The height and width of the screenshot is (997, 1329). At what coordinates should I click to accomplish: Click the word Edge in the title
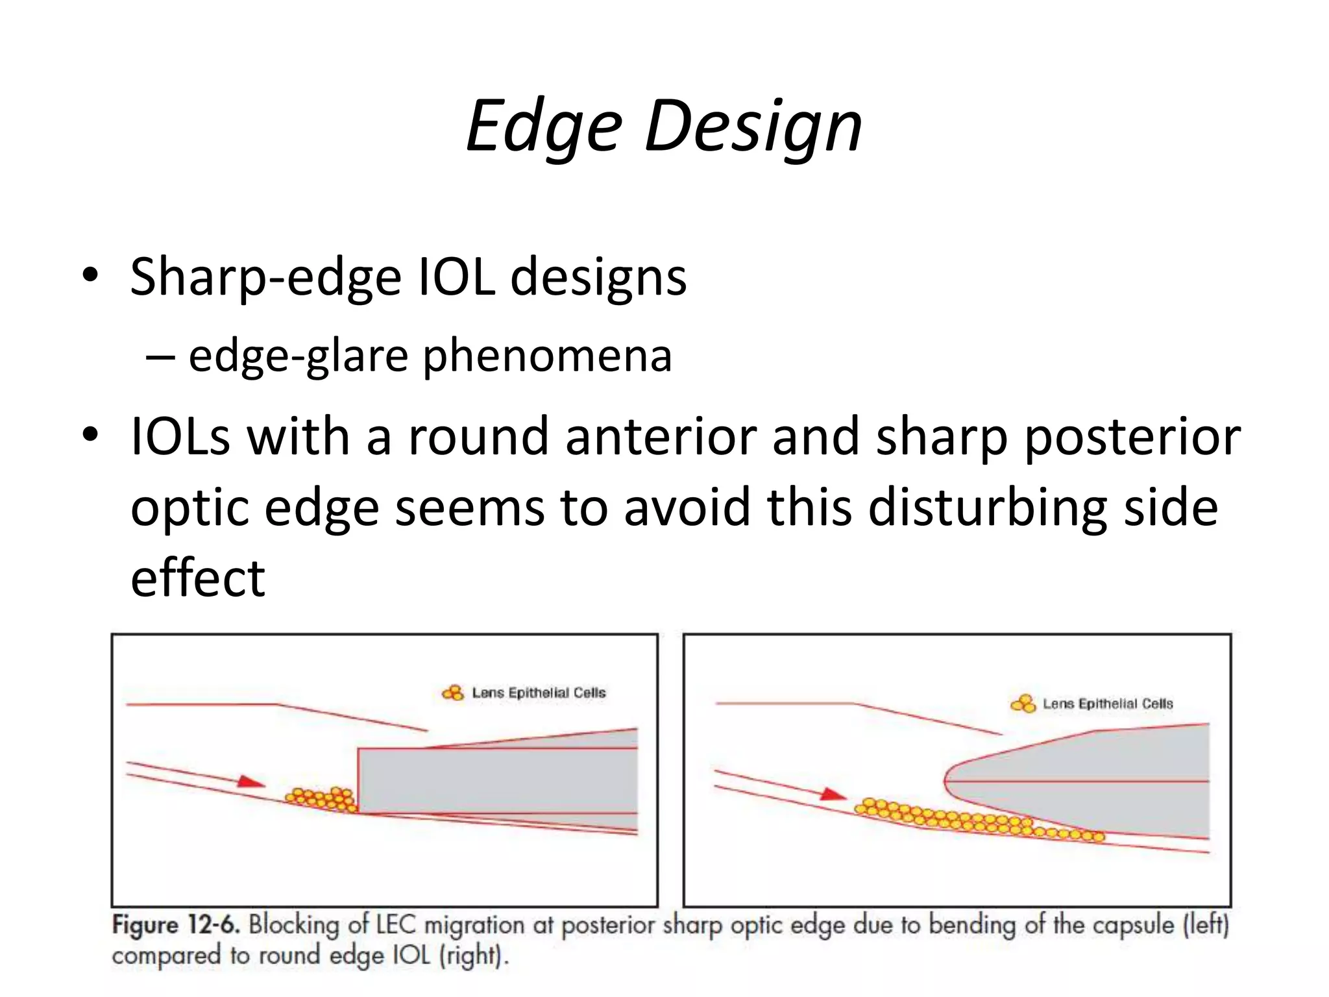pyautogui.click(x=544, y=127)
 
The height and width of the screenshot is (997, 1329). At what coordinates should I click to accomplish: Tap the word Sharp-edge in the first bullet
pyautogui.click(x=265, y=278)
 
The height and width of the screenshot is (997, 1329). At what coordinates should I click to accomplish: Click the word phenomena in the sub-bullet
pyautogui.click(x=547, y=356)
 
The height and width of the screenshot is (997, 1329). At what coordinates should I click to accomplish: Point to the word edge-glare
pyautogui.click(x=298, y=356)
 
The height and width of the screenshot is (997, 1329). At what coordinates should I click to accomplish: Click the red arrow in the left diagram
pyautogui.click(x=250, y=782)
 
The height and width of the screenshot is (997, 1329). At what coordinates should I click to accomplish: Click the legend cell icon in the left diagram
pyautogui.click(x=453, y=693)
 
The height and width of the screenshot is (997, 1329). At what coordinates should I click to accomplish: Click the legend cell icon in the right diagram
pyautogui.click(x=1023, y=704)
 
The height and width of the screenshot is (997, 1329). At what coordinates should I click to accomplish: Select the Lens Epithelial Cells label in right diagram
pyautogui.click(x=1108, y=704)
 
